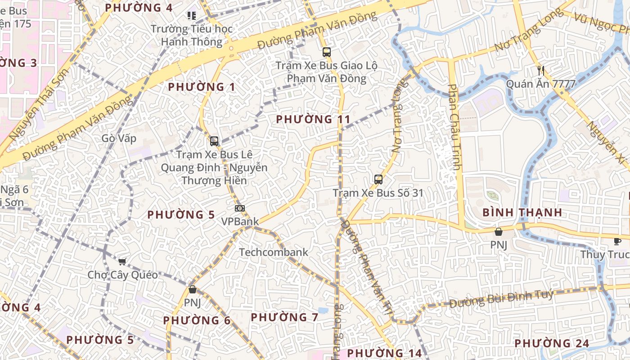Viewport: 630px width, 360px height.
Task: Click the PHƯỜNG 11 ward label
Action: click(x=313, y=119)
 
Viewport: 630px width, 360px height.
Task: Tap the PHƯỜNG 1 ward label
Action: click(x=201, y=87)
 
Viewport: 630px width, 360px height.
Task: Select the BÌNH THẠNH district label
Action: click(x=522, y=212)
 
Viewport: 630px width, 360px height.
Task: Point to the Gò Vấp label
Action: click(x=119, y=138)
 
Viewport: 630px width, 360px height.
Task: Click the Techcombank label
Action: click(x=274, y=252)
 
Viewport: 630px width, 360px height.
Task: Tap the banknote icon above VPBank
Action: click(x=240, y=208)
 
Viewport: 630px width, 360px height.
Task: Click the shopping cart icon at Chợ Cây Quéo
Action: click(x=122, y=261)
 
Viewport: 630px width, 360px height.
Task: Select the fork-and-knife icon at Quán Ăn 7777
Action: click(x=541, y=70)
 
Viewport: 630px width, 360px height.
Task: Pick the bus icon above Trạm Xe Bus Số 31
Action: click(x=378, y=180)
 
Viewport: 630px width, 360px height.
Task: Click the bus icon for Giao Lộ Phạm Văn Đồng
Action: click(x=326, y=52)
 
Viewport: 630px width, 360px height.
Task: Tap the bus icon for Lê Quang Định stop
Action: click(x=214, y=141)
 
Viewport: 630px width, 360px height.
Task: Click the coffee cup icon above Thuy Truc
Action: click(x=617, y=241)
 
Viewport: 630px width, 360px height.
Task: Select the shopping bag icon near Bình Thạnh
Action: click(x=498, y=232)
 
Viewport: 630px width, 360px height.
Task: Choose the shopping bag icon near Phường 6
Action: click(x=192, y=289)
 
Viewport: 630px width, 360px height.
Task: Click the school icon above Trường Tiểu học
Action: click(x=192, y=16)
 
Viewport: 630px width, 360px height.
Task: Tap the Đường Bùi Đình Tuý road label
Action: click(x=501, y=299)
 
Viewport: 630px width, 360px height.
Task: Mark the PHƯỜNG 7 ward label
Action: click(x=284, y=317)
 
